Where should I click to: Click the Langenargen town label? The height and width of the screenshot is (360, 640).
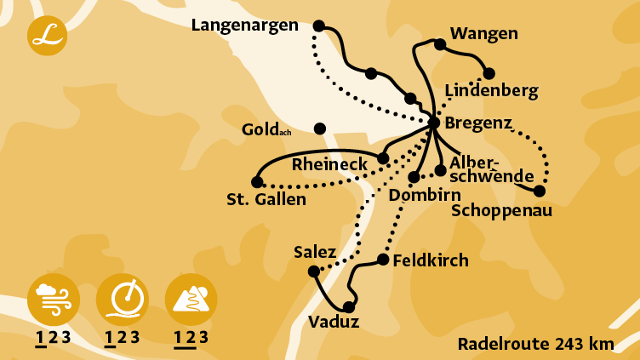point(244,26)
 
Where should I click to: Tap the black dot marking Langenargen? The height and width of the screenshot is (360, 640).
point(319,26)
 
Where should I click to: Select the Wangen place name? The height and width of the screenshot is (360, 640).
point(483,34)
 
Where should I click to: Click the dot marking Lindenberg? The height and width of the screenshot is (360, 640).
point(489,73)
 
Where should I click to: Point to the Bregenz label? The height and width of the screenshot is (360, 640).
point(478,123)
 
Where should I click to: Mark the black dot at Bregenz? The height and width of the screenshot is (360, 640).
point(433,123)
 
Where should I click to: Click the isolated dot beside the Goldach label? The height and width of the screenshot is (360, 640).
point(320,129)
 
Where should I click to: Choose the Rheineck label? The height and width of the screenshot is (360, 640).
point(329,163)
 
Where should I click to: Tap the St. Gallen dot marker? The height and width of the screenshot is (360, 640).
point(257,182)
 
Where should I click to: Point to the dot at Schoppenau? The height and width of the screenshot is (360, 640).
point(539,191)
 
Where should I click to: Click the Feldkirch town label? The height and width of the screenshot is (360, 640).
point(431,260)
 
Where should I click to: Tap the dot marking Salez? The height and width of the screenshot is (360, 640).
point(313,271)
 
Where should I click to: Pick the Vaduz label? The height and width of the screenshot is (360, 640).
point(334,322)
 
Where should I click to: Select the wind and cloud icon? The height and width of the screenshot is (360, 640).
point(54,299)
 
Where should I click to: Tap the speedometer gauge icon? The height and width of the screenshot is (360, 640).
point(123,299)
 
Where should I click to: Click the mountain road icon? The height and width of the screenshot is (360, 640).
point(191,299)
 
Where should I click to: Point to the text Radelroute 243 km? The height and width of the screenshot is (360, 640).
point(535,344)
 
